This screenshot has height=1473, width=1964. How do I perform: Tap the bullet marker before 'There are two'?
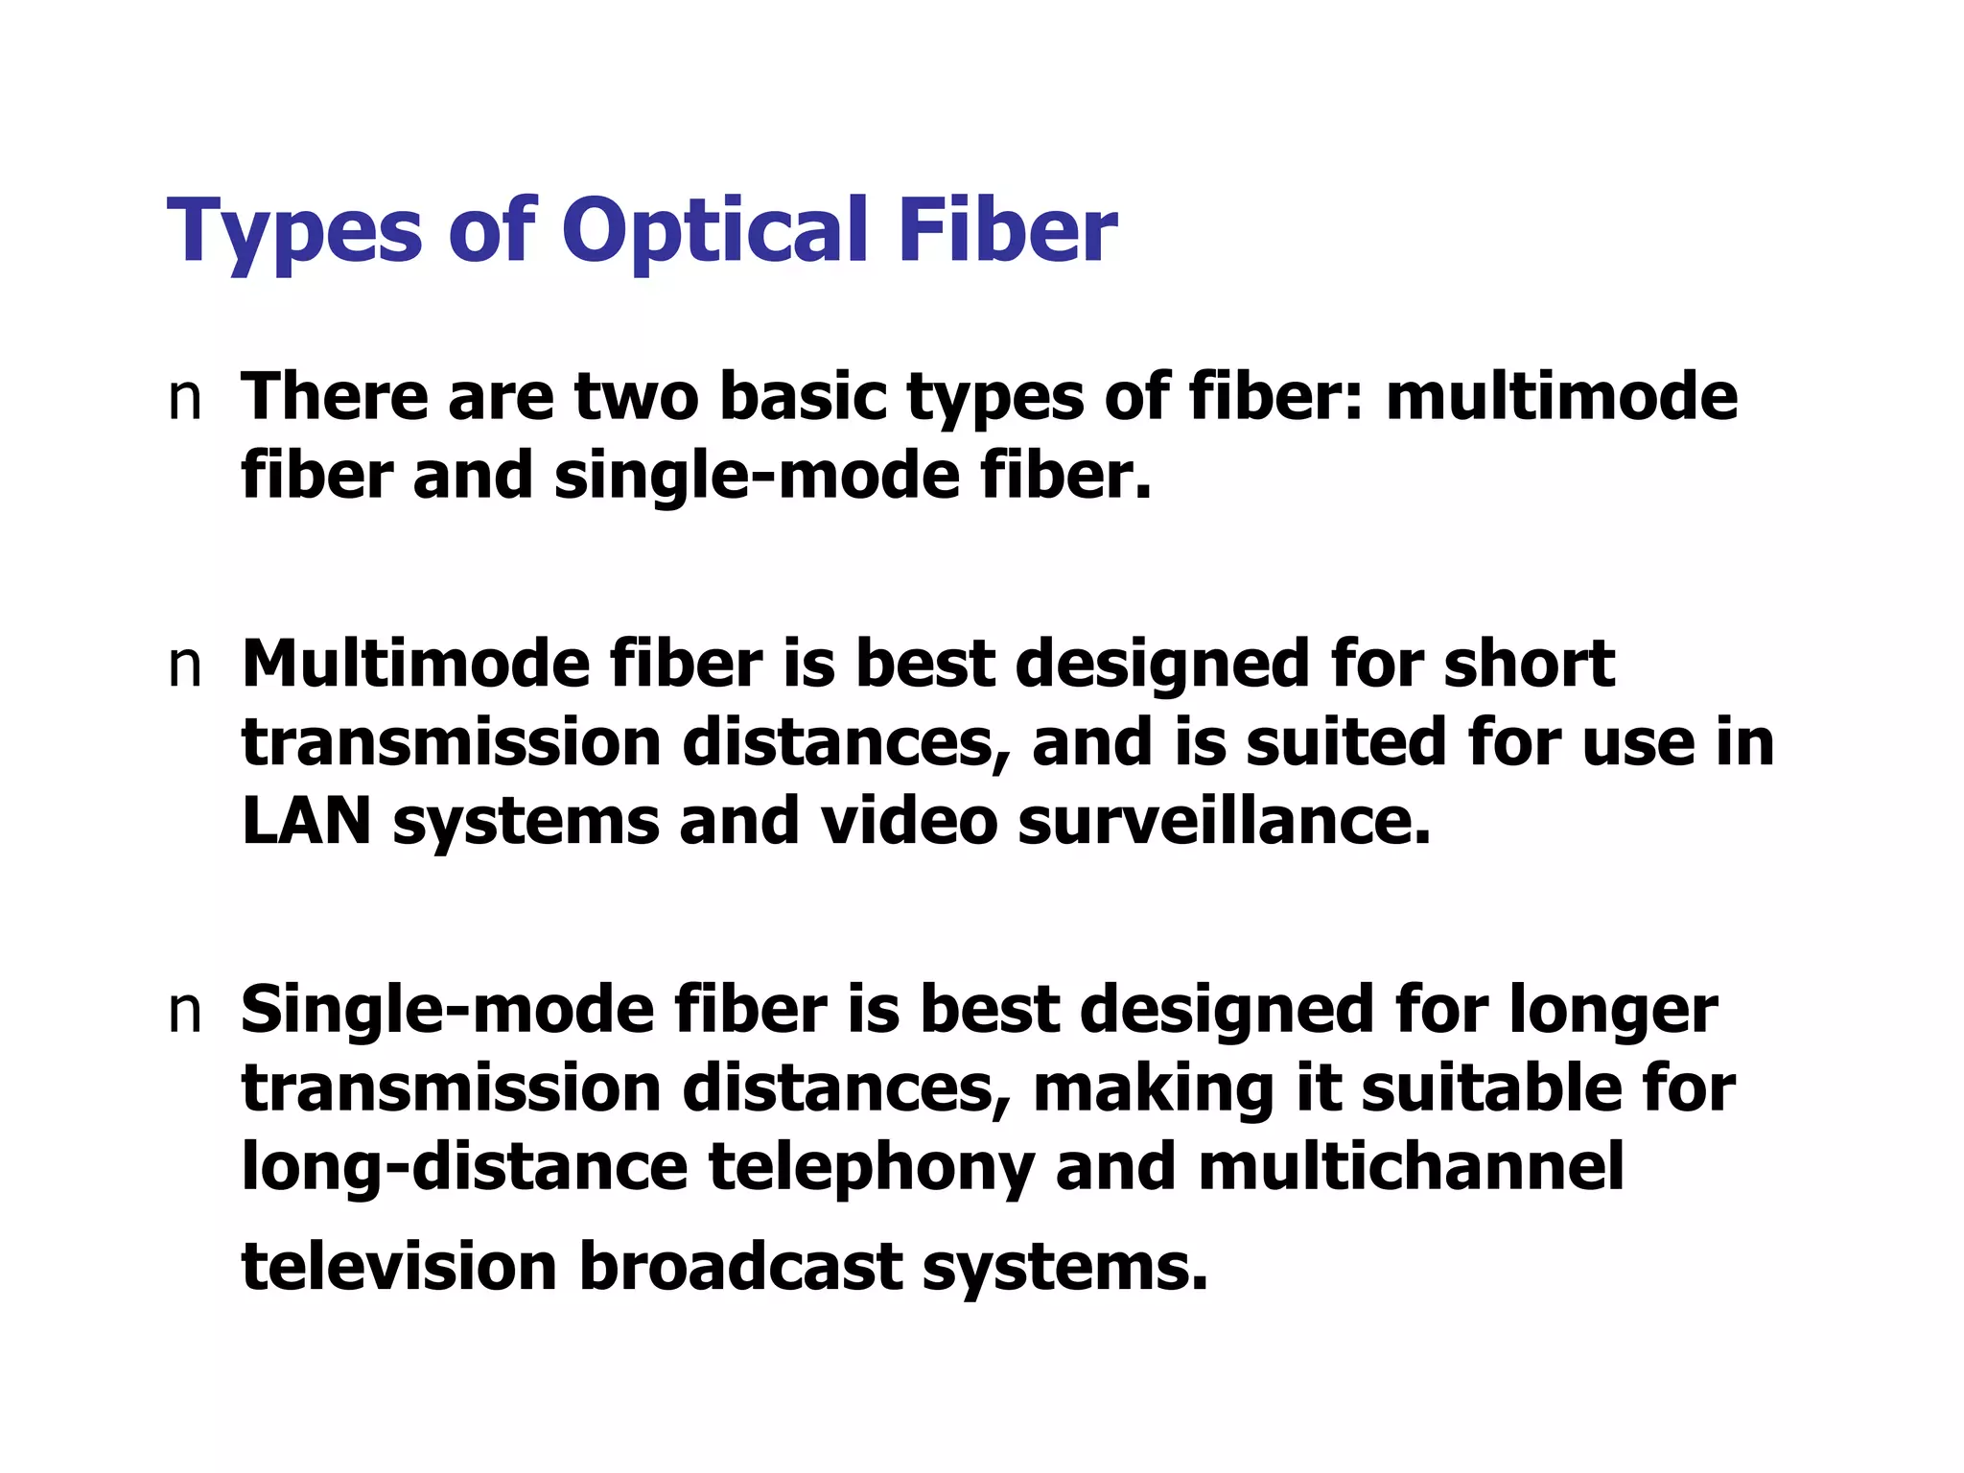(x=184, y=399)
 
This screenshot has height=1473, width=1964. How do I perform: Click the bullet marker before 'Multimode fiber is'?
(x=184, y=666)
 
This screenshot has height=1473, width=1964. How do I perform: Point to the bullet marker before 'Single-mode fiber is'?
(x=184, y=1012)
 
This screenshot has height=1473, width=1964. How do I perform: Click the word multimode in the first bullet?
(x=1561, y=397)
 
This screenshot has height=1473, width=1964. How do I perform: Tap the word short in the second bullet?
(x=1529, y=664)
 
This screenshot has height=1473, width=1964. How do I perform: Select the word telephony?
(x=871, y=1168)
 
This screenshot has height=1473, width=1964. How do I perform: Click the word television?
(x=399, y=1266)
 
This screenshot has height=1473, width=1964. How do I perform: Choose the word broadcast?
(x=740, y=1266)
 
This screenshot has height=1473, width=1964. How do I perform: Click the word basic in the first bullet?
(x=802, y=397)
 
